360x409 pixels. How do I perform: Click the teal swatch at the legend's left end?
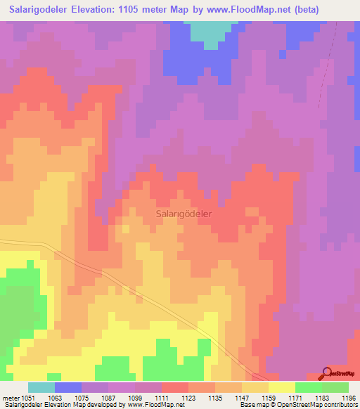41,387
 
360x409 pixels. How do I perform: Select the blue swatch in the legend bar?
68,387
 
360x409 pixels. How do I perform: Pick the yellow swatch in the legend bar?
282,387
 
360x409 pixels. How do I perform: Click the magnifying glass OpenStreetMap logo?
327,373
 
